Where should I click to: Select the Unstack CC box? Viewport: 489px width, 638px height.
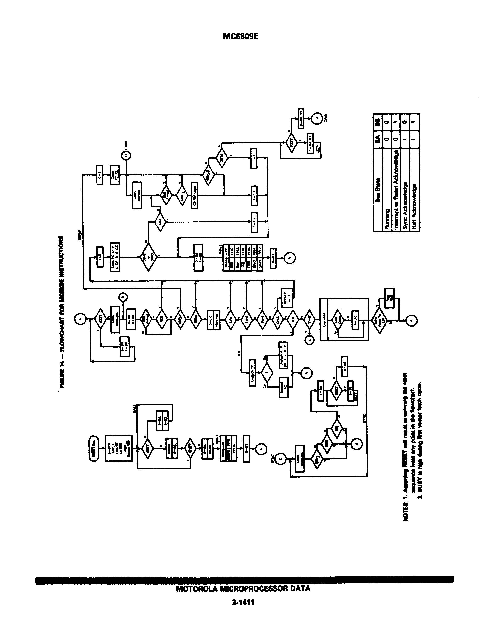click(x=253, y=374)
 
